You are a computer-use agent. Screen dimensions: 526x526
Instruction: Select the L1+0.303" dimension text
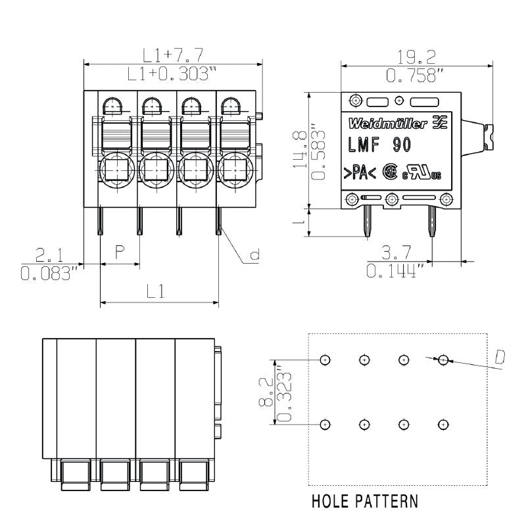(172, 74)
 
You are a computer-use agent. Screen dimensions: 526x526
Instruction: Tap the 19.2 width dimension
(418, 57)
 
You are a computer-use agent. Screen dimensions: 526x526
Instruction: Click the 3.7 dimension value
(396, 252)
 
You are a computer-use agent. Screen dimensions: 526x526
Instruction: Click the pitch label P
(120, 252)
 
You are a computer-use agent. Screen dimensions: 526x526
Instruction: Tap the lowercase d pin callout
(254, 257)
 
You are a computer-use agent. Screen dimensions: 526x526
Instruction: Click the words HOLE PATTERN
(364, 502)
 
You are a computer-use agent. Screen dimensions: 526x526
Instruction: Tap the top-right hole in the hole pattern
(444, 360)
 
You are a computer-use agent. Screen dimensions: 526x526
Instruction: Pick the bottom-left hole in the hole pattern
(325, 425)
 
